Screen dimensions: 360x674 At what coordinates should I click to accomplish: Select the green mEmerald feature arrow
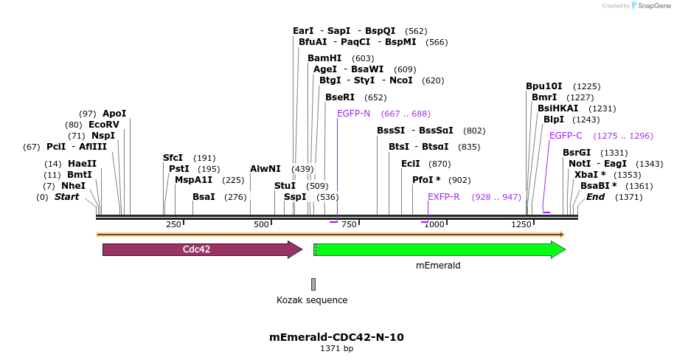pos(438,249)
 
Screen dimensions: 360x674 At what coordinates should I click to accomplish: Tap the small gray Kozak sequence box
pos(313,284)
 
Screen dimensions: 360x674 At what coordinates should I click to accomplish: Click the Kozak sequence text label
pos(312,300)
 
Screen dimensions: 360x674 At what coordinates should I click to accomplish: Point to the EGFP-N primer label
pos(353,114)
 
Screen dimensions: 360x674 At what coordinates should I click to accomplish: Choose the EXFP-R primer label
pos(444,197)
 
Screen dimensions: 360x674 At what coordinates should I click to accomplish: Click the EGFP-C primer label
pos(566,136)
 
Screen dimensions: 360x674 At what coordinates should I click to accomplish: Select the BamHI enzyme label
pos(324,58)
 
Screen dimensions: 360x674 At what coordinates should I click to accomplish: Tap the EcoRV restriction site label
pos(103,125)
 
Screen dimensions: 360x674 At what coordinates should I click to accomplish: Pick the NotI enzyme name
pos(580,163)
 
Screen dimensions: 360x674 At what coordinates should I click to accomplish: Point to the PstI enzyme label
pos(179,169)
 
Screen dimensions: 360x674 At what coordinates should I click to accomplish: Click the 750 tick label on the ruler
pos(349,224)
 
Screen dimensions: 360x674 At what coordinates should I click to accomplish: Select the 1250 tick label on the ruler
pos(521,224)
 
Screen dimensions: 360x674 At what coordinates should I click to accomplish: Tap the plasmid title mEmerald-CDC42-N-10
pos(336,337)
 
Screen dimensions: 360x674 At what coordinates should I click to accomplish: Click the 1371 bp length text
pos(336,349)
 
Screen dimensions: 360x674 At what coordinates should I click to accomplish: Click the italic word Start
pos(66,197)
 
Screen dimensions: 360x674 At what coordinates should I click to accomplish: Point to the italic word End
pos(595,197)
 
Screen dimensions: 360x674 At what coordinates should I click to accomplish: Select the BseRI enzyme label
pos(340,97)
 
